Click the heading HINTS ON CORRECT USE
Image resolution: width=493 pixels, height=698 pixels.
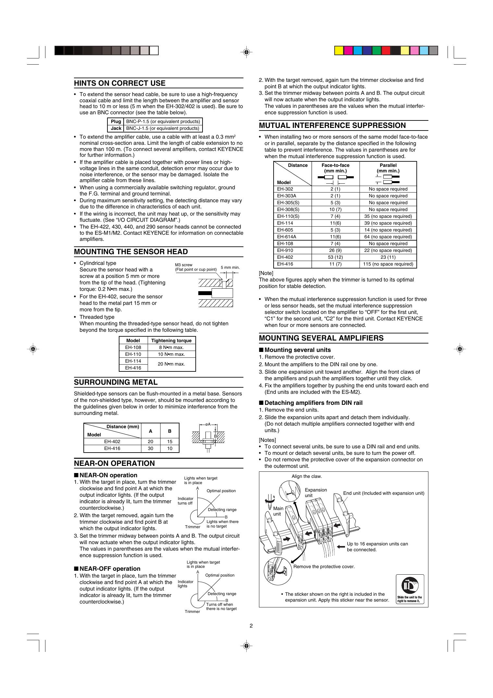coord(120,83)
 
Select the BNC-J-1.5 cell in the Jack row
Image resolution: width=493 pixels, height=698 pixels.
coord(163,128)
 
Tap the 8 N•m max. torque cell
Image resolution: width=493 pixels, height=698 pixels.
coord(171,347)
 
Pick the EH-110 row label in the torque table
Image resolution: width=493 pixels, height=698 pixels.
coord(133,354)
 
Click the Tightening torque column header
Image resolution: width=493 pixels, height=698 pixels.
coord(171,341)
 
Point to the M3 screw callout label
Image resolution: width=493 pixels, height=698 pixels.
coord(184,265)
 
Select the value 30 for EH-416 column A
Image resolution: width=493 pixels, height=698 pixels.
coord(151,448)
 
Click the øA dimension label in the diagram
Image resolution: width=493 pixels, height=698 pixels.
coord(208,424)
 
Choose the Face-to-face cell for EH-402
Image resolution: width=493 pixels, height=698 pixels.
coord(335,257)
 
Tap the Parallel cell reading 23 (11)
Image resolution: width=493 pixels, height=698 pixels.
coord(388,257)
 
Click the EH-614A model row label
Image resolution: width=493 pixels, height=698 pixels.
coord(287,237)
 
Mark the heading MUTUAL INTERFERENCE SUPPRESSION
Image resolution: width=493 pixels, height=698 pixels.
coord(332,126)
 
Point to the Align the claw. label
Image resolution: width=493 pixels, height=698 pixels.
coord(307,476)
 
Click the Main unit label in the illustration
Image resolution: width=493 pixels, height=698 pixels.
coord(278,511)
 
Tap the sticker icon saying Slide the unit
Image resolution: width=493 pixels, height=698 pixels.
coord(410,589)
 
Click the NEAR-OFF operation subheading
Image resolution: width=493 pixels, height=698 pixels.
coord(110,568)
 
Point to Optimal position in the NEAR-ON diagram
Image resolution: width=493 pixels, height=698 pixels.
coord(221,491)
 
